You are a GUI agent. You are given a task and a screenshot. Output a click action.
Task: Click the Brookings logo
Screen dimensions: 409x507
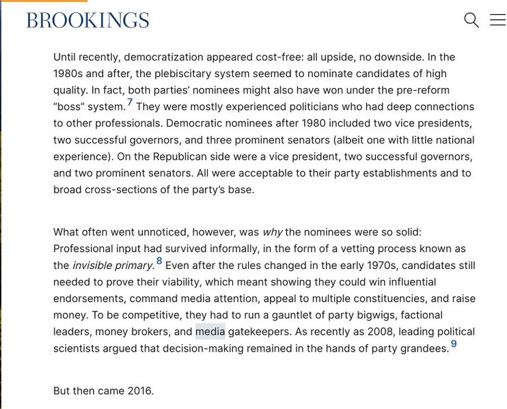87,20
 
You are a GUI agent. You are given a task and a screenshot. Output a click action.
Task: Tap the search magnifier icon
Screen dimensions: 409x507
471,20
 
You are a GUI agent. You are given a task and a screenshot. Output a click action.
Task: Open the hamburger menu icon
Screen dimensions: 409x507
497,20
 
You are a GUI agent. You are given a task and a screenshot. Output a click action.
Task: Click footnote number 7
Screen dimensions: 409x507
130,103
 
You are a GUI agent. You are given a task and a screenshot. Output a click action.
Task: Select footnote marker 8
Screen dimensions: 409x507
159,261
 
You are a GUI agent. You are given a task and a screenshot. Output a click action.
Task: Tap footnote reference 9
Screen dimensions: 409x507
454,344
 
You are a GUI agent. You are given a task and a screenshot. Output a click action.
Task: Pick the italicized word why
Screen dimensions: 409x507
272,232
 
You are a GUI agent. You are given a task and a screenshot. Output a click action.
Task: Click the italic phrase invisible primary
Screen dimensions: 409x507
113,266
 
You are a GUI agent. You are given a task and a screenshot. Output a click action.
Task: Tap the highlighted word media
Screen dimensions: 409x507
210,332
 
